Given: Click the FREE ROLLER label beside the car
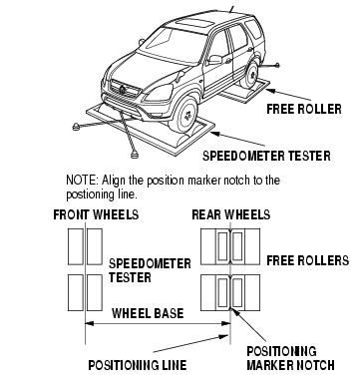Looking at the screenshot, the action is pos(304,109).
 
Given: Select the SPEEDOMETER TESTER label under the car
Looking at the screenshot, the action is pos(266,156).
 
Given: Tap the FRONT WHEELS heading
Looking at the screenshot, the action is pos(96,214).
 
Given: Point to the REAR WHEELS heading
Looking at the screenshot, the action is pos(231,214).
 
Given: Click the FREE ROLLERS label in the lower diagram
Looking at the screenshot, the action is pos(308,260).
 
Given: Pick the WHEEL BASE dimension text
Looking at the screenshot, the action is pos(148,313).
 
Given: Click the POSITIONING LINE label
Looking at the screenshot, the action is pos(138,365).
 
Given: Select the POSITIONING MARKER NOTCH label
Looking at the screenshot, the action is pos(290,358).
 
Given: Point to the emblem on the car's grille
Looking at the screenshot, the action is pos(123,89).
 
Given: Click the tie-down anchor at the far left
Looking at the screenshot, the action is pos(77,126).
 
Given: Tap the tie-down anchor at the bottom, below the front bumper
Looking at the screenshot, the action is pos(135,155).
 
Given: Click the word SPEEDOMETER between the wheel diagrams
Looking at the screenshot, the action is pos(150,263).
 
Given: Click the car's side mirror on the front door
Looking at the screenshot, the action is pos(215,60).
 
